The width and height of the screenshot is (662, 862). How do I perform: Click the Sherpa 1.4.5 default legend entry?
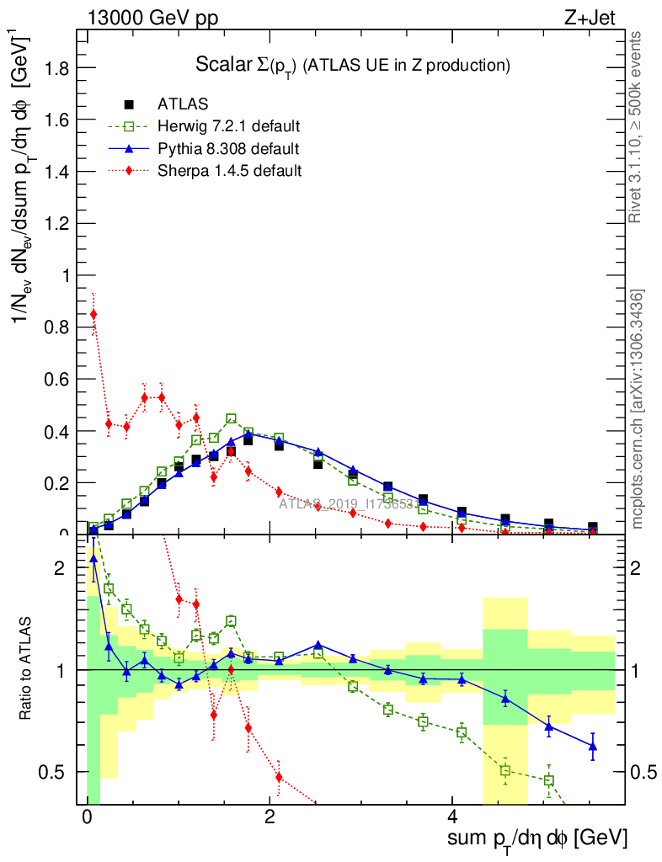[x=229, y=171]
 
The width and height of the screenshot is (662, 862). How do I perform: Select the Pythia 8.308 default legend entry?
[x=229, y=149]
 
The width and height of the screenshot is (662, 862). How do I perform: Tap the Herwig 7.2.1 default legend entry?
[x=229, y=126]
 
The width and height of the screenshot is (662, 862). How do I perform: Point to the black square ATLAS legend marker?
[x=129, y=104]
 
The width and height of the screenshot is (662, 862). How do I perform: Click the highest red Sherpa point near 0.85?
[x=93, y=314]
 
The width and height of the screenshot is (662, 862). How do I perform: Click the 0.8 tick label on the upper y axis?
[x=56, y=327]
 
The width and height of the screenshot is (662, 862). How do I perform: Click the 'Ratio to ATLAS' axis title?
[x=26, y=670]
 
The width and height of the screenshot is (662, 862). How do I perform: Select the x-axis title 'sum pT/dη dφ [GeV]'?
[x=537, y=838]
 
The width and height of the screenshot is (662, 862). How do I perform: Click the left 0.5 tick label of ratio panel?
[x=55, y=772]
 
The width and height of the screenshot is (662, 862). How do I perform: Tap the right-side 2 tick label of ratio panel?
[x=640, y=568]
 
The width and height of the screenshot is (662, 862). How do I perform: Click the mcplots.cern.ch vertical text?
[x=638, y=409]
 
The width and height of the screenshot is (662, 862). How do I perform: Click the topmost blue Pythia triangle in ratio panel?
[x=93, y=558]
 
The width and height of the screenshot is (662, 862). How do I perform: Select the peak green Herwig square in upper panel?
[x=232, y=418]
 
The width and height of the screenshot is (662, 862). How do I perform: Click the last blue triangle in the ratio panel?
[x=593, y=747]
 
